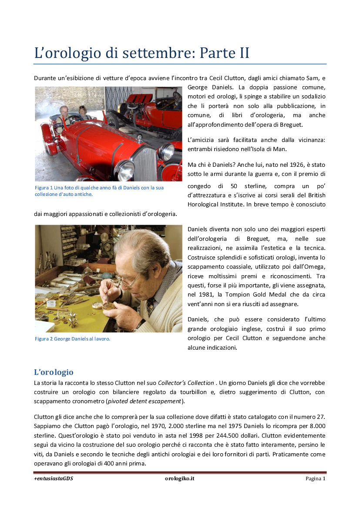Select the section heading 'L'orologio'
coord(54,372)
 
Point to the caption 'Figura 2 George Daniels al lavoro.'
coord(72,339)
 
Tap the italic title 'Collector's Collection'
coord(186,383)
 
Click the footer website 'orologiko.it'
coord(179,479)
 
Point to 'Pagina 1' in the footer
coord(315,479)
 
